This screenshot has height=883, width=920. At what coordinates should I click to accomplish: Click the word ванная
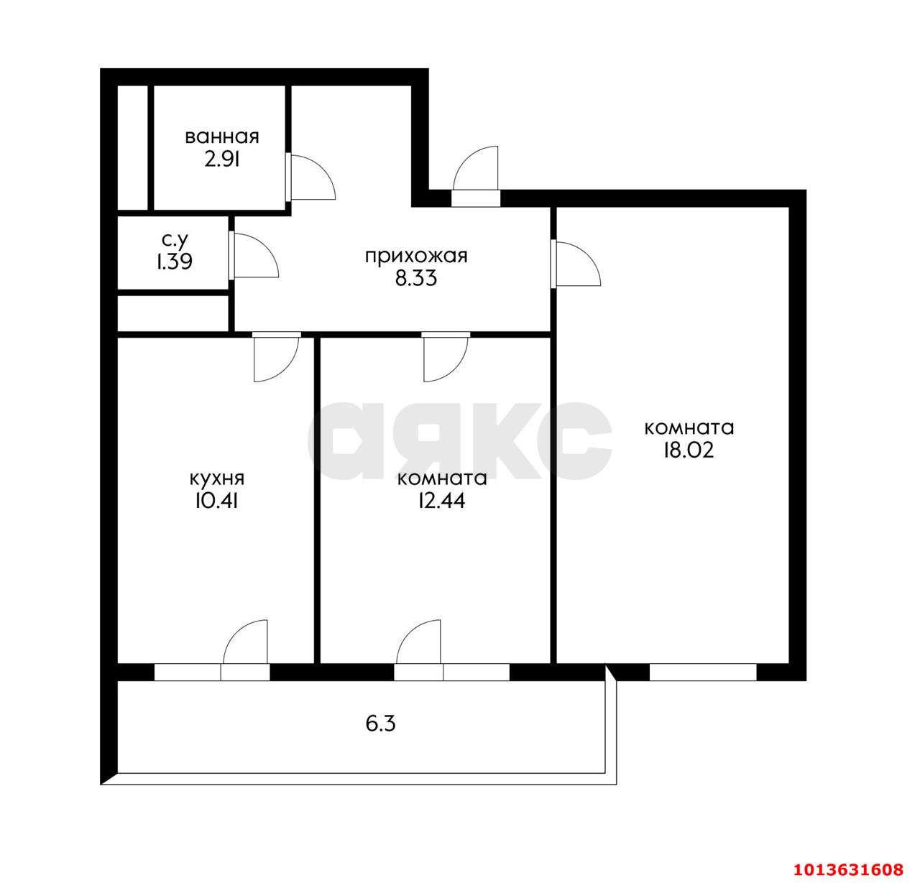tap(222, 137)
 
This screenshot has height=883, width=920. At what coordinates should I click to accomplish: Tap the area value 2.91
tap(222, 160)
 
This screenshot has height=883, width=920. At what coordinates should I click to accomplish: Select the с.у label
tap(175, 241)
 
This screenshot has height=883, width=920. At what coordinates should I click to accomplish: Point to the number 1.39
tap(175, 262)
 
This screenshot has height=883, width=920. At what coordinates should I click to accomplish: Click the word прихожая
tap(416, 257)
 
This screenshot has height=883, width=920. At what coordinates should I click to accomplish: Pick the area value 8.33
tap(416, 278)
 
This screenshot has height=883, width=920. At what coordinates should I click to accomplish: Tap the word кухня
tap(217, 479)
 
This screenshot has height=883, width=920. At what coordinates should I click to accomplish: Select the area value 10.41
tap(216, 501)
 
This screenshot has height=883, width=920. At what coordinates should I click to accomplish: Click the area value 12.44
tap(441, 501)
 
